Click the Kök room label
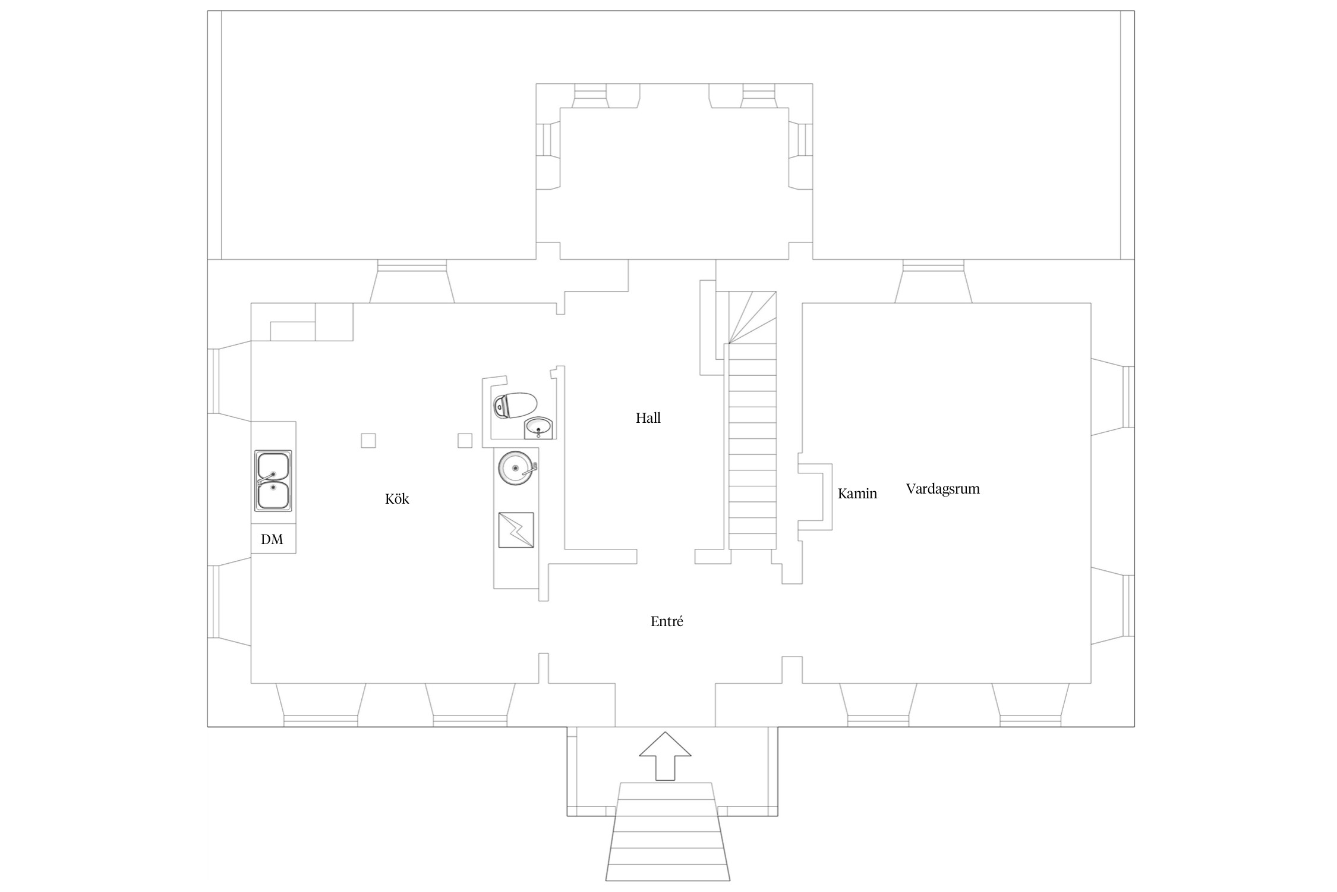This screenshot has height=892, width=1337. (397, 499)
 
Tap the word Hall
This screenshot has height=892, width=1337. (648, 418)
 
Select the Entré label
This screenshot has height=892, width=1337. (667, 621)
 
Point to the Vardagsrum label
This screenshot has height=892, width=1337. (942, 489)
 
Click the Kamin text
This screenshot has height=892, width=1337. (857, 494)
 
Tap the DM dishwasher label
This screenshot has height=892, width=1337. (272, 539)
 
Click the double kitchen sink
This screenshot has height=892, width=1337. (273, 480)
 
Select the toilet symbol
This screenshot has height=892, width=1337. (515, 406)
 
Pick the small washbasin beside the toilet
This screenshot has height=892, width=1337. (539, 428)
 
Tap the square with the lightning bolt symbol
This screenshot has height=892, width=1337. (516, 530)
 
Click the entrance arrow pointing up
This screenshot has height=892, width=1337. (665, 756)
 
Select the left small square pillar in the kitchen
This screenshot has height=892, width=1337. (368, 441)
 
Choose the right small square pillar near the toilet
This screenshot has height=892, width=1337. (465, 441)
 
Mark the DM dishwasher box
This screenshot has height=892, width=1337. (273, 539)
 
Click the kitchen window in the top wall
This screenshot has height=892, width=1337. (412, 281)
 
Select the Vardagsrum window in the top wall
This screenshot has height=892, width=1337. (934, 281)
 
